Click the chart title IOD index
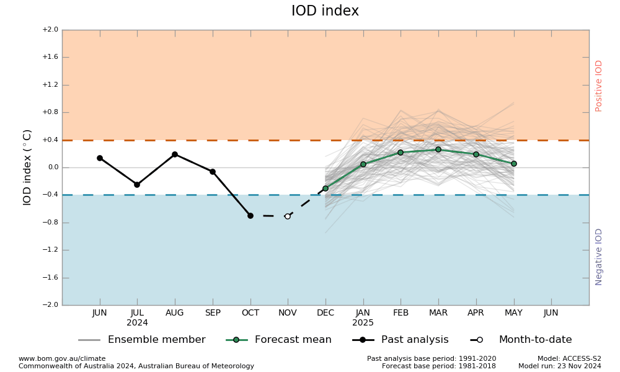coord(325,11)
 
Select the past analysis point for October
coord(250,216)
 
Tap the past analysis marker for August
coord(175,154)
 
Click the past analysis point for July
coord(137,185)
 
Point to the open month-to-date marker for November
coord(288,216)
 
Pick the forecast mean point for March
coord(438,149)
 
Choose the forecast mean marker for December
coord(325,188)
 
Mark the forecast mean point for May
coord(513,164)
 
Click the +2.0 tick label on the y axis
coord(50,30)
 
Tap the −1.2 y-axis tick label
coord(50,250)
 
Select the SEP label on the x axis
coord(213,313)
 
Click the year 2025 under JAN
coord(363,323)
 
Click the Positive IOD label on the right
coord(599,86)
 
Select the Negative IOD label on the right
coord(599,257)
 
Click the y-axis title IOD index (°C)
coord(28,167)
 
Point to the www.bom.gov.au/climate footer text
coord(62,358)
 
